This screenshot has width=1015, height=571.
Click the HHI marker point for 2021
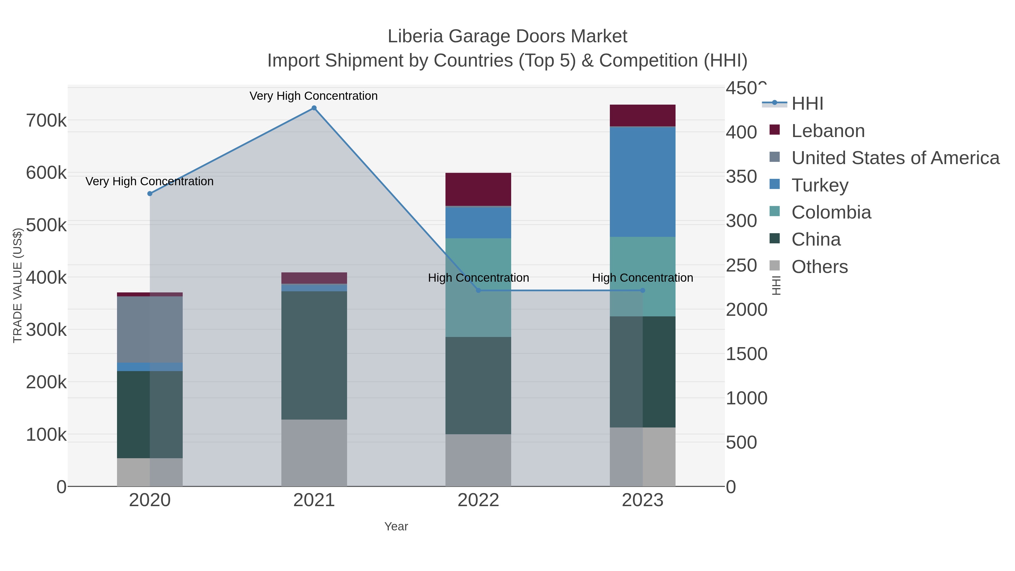coord(314,108)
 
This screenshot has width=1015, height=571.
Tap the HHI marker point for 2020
coord(150,193)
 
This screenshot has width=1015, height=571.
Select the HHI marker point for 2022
coord(478,290)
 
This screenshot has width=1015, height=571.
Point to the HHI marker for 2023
coord(643,290)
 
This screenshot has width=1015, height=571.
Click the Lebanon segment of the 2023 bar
coord(643,115)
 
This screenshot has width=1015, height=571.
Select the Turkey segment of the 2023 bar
coord(643,182)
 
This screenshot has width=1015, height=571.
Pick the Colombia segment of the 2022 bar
coord(478,287)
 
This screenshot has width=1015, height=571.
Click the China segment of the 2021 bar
coord(314,355)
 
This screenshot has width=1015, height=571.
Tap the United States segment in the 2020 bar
coord(150,329)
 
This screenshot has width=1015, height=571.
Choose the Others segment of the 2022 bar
coord(478,460)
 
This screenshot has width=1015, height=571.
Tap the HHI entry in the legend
coord(807,104)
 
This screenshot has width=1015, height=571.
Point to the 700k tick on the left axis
coord(46,121)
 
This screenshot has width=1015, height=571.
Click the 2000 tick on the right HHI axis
coord(746,310)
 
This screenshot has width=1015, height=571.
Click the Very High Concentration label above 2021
coord(314,96)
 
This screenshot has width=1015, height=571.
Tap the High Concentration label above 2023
coord(643,278)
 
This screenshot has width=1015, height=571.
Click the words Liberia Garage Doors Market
coord(507,36)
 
